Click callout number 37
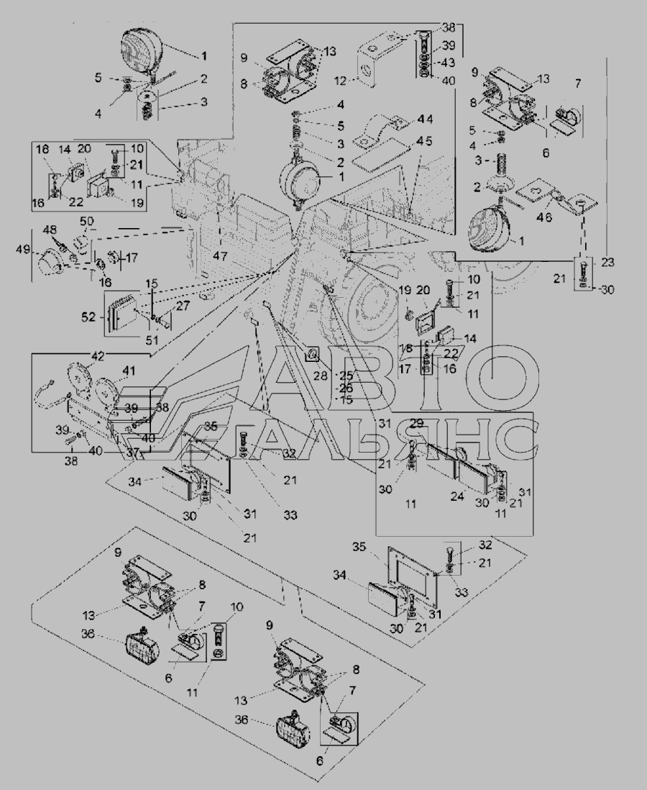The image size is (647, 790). pyautogui.click(x=133, y=453)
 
